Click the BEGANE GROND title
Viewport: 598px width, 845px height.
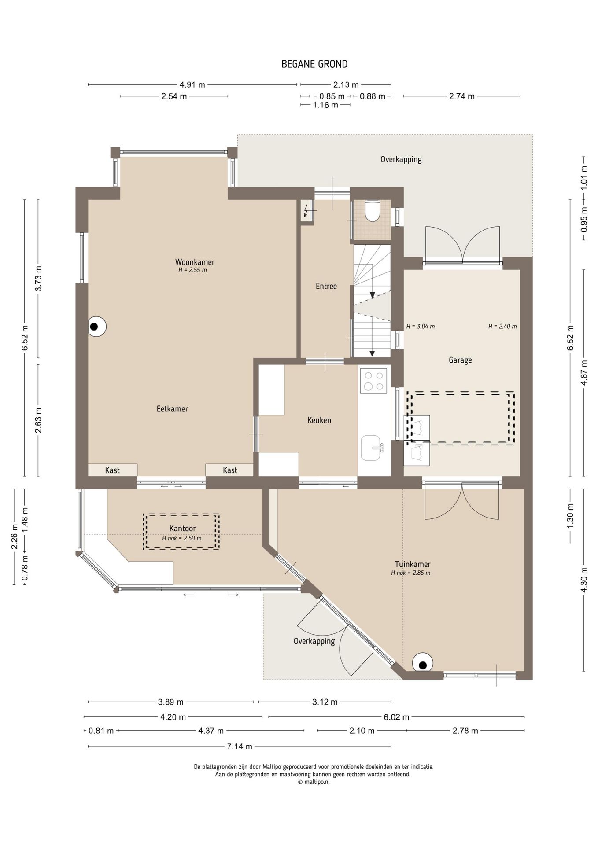click(314, 64)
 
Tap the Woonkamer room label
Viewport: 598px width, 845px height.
click(195, 262)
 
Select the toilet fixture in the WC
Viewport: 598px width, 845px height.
click(373, 210)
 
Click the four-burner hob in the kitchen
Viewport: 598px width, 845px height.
click(373, 381)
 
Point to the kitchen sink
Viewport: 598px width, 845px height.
click(371, 448)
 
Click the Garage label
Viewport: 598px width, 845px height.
click(460, 360)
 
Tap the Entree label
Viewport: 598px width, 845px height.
click(326, 286)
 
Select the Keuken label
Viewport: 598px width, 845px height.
click(319, 420)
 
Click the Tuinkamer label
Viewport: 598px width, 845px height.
click(413, 564)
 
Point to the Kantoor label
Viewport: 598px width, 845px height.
click(182, 528)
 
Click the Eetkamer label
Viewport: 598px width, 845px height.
click(172, 409)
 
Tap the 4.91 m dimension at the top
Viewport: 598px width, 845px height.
click(192, 84)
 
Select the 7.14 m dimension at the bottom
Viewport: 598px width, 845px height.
click(240, 746)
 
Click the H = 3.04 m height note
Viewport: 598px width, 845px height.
click(421, 327)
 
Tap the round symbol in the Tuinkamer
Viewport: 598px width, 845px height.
click(422, 662)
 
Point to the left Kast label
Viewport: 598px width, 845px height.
click(112, 470)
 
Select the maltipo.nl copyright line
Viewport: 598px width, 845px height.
click(314, 782)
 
